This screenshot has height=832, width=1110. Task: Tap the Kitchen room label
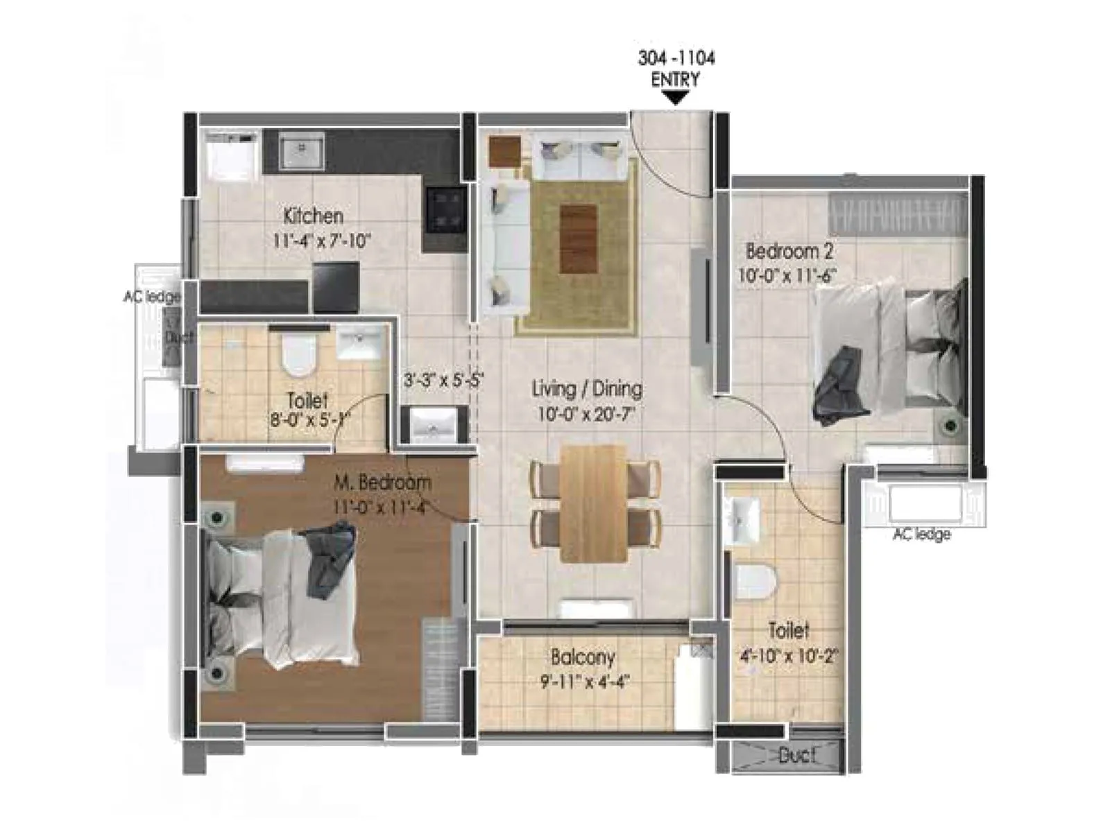coord(313,216)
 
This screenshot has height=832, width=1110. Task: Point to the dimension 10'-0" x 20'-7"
coord(586,415)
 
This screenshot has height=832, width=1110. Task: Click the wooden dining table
coord(594,503)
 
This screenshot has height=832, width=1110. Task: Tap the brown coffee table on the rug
coord(578,239)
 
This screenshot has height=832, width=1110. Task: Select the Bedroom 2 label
coord(789,251)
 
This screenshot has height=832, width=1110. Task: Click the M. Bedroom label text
coord(382,482)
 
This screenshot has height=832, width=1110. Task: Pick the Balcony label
coord(583,657)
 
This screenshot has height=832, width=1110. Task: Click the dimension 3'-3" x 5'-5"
coord(443,380)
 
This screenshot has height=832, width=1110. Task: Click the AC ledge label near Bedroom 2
coord(921,534)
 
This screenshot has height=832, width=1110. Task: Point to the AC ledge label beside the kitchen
coord(151,297)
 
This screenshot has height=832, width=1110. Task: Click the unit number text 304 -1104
coord(676,58)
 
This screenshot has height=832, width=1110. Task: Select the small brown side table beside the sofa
coord(504,150)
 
